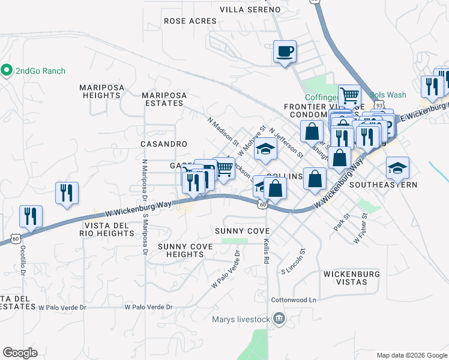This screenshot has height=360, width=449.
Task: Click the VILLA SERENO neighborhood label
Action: pyautogui.click(x=250, y=10)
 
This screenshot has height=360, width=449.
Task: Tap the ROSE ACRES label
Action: pyautogui.click(x=190, y=21)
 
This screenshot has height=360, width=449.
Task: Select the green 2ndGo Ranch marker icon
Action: pyautogui.click(x=7, y=71)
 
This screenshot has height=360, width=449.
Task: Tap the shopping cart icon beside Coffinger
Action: pyautogui.click(x=349, y=94)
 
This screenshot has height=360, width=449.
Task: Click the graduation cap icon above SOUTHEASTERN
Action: pyautogui.click(x=397, y=167)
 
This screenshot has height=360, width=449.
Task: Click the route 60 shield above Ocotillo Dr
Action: pyautogui.click(x=14, y=239)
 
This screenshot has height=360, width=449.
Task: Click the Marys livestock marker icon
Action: pyautogui.click(x=278, y=318)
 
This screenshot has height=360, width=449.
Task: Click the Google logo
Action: pyautogui.click(x=20, y=353)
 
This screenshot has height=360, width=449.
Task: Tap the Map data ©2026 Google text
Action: pyautogui.click(x=411, y=355)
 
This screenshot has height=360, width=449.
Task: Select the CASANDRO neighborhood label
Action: pyautogui.click(x=164, y=145)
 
